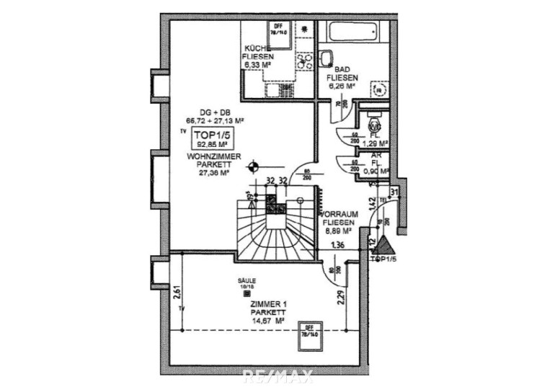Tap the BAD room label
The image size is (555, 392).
coord(342,69)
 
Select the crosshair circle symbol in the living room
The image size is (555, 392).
coord(252,168)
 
